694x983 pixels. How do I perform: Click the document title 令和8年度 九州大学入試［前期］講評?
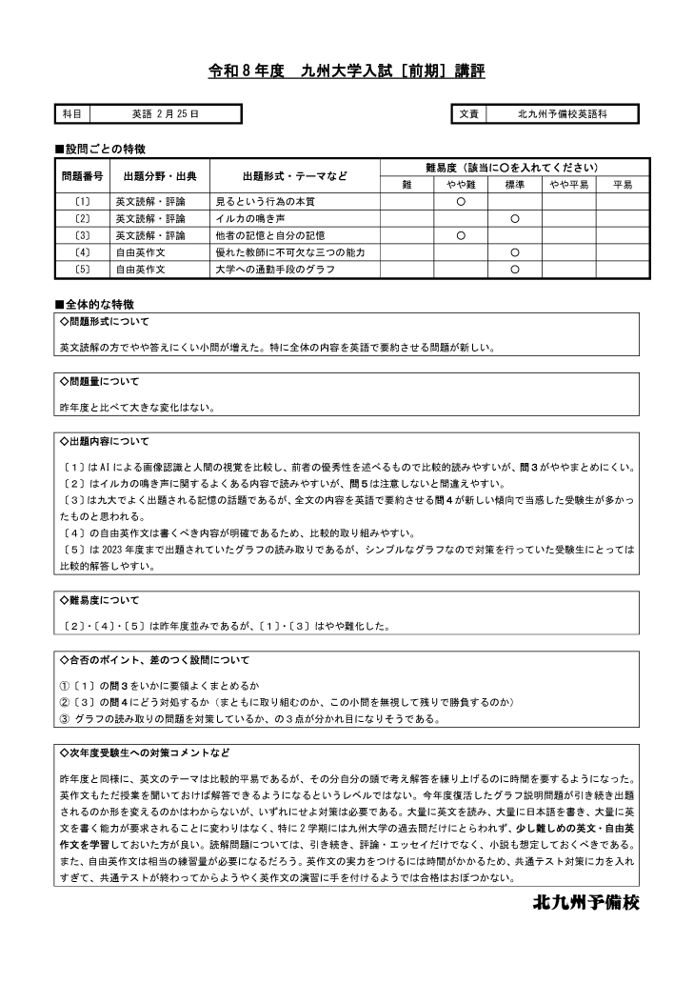(x=347, y=71)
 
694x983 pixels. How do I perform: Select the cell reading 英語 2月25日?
(x=165, y=114)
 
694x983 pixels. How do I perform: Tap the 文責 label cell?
(x=468, y=114)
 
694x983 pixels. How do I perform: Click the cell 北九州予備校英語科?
(x=562, y=114)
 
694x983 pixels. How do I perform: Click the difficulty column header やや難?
(x=461, y=185)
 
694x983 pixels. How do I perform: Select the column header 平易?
(x=623, y=185)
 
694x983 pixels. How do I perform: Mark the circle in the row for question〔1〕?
(x=461, y=202)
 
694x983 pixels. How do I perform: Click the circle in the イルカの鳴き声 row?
(x=514, y=218)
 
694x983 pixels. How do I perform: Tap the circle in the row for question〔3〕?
(x=461, y=235)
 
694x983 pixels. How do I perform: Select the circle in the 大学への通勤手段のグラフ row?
(x=514, y=270)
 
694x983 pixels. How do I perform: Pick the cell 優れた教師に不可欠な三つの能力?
(x=290, y=252)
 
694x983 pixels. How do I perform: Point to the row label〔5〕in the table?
(x=82, y=270)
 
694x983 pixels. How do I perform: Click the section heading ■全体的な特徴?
(x=94, y=304)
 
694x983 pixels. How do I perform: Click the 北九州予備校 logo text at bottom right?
(x=585, y=903)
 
